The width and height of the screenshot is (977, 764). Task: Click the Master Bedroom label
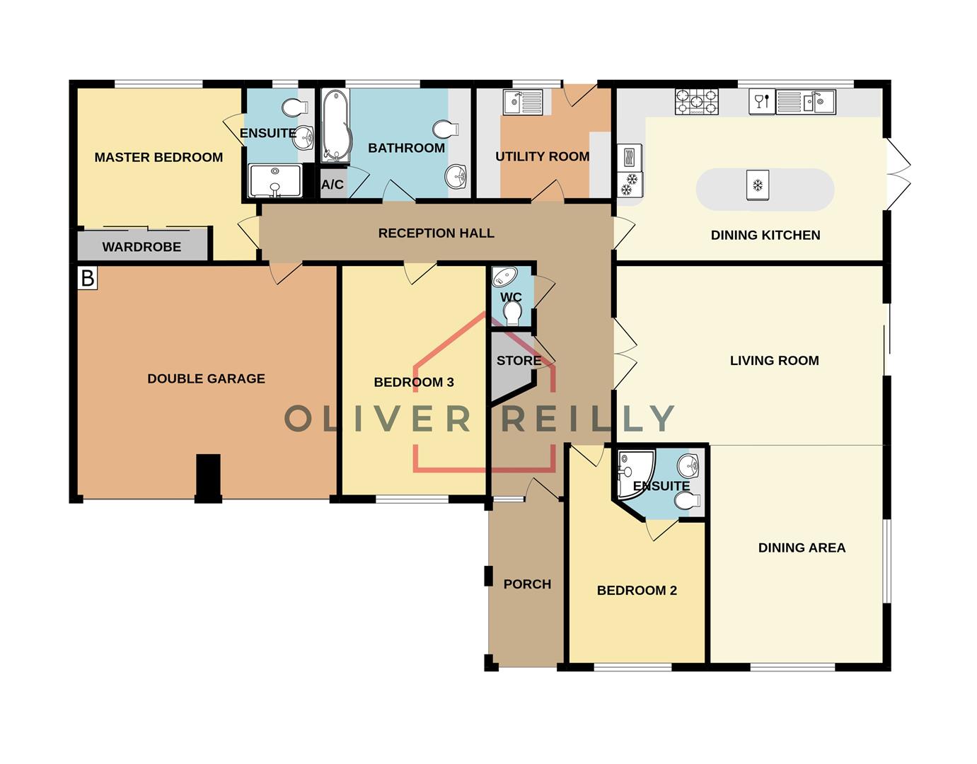pos(158,157)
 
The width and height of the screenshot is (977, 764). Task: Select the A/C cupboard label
pos(333,185)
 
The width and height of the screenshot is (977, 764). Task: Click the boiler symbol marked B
pos(87,278)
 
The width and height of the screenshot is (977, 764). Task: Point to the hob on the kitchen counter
pos(696,102)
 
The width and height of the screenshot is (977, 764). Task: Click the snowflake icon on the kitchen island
pos(758,186)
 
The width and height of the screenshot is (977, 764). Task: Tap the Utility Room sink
pos(522,103)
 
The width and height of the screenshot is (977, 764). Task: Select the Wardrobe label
pos(141,247)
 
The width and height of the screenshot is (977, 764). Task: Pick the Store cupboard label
pos(519,360)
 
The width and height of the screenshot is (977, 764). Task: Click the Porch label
pos(527,584)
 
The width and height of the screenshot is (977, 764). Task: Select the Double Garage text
pos(206,378)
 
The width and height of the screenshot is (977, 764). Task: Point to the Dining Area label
pos(802,548)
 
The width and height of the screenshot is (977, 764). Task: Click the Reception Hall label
pos(436,233)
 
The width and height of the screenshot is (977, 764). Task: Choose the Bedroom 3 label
pos(414,382)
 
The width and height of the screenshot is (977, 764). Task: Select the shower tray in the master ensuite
pos(275,180)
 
